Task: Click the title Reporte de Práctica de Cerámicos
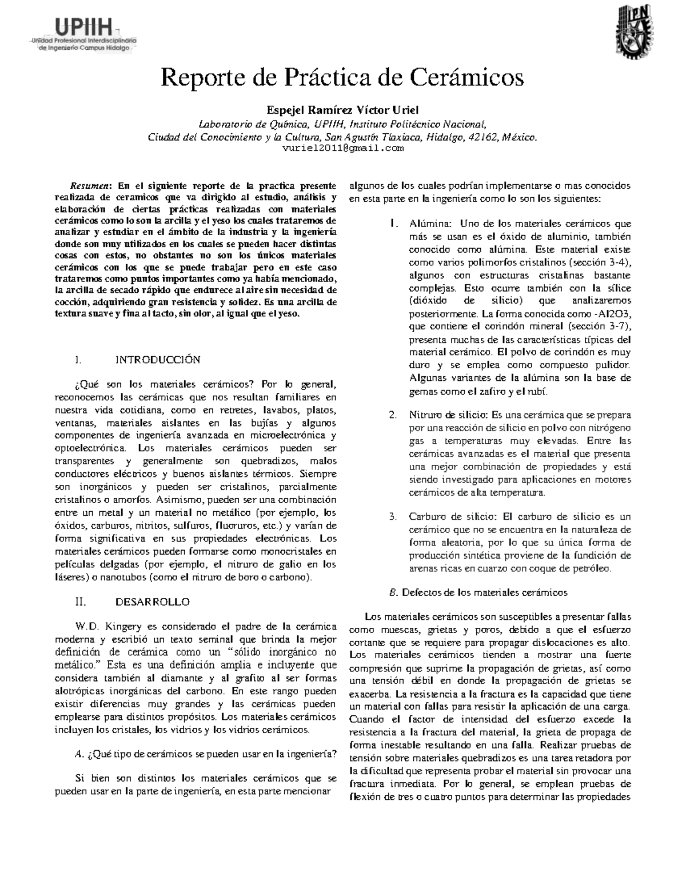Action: click(342, 78)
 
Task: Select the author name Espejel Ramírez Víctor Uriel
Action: click(342, 110)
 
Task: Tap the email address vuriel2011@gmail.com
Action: click(343, 148)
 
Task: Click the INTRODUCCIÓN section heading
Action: click(158, 360)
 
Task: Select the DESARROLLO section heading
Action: click(152, 602)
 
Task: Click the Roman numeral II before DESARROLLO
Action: click(80, 602)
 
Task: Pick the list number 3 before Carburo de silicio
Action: click(393, 516)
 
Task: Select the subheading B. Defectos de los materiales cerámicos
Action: click(478, 592)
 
